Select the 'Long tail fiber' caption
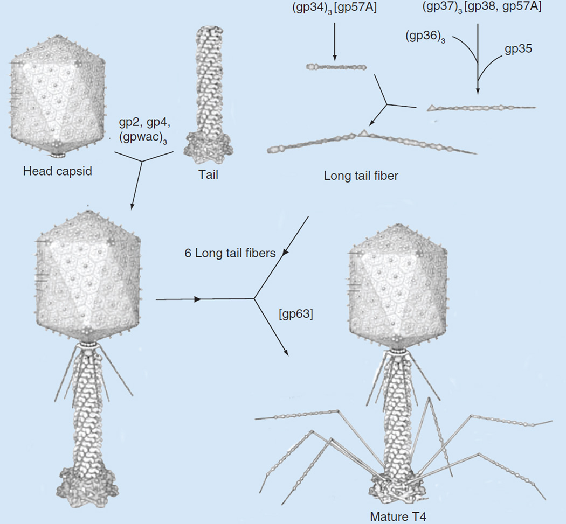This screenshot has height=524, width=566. click(361, 176)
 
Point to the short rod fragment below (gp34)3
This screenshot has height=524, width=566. click(336, 67)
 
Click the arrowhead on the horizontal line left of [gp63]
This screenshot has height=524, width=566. click(197, 298)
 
